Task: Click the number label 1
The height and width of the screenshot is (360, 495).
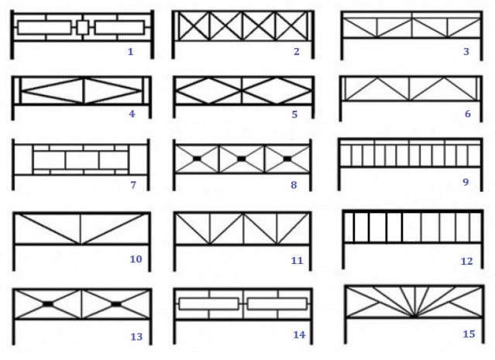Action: (x=130, y=51)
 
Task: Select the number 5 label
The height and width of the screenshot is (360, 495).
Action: (x=294, y=115)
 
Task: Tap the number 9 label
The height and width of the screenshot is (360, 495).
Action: (x=466, y=182)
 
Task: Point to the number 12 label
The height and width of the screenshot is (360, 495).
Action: (x=466, y=261)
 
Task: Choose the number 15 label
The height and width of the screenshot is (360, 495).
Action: (x=469, y=334)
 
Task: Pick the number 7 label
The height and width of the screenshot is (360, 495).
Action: (x=133, y=185)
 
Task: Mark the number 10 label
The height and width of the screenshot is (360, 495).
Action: (x=136, y=259)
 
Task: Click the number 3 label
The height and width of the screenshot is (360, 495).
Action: (x=466, y=51)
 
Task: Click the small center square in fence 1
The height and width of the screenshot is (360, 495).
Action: (x=83, y=27)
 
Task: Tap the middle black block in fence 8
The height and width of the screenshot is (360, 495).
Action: (x=241, y=159)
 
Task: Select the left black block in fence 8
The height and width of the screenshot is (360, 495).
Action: (x=197, y=159)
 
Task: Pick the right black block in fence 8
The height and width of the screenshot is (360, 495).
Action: (x=287, y=159)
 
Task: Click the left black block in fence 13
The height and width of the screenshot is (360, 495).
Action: (x=48, y=303)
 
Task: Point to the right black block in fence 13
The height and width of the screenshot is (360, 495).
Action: (x=116, y=303)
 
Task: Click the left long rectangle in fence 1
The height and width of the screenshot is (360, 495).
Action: (x=44, y=27)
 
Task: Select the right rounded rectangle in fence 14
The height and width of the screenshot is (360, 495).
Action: (x=277, y=303)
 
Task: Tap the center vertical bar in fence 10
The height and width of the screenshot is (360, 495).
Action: (x=81, y=229)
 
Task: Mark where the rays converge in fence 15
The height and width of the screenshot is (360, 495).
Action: (x=414, y=316)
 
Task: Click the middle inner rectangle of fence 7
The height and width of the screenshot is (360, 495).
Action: (x=82, y=160)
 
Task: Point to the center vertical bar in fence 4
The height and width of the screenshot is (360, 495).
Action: (x=84, y=91)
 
